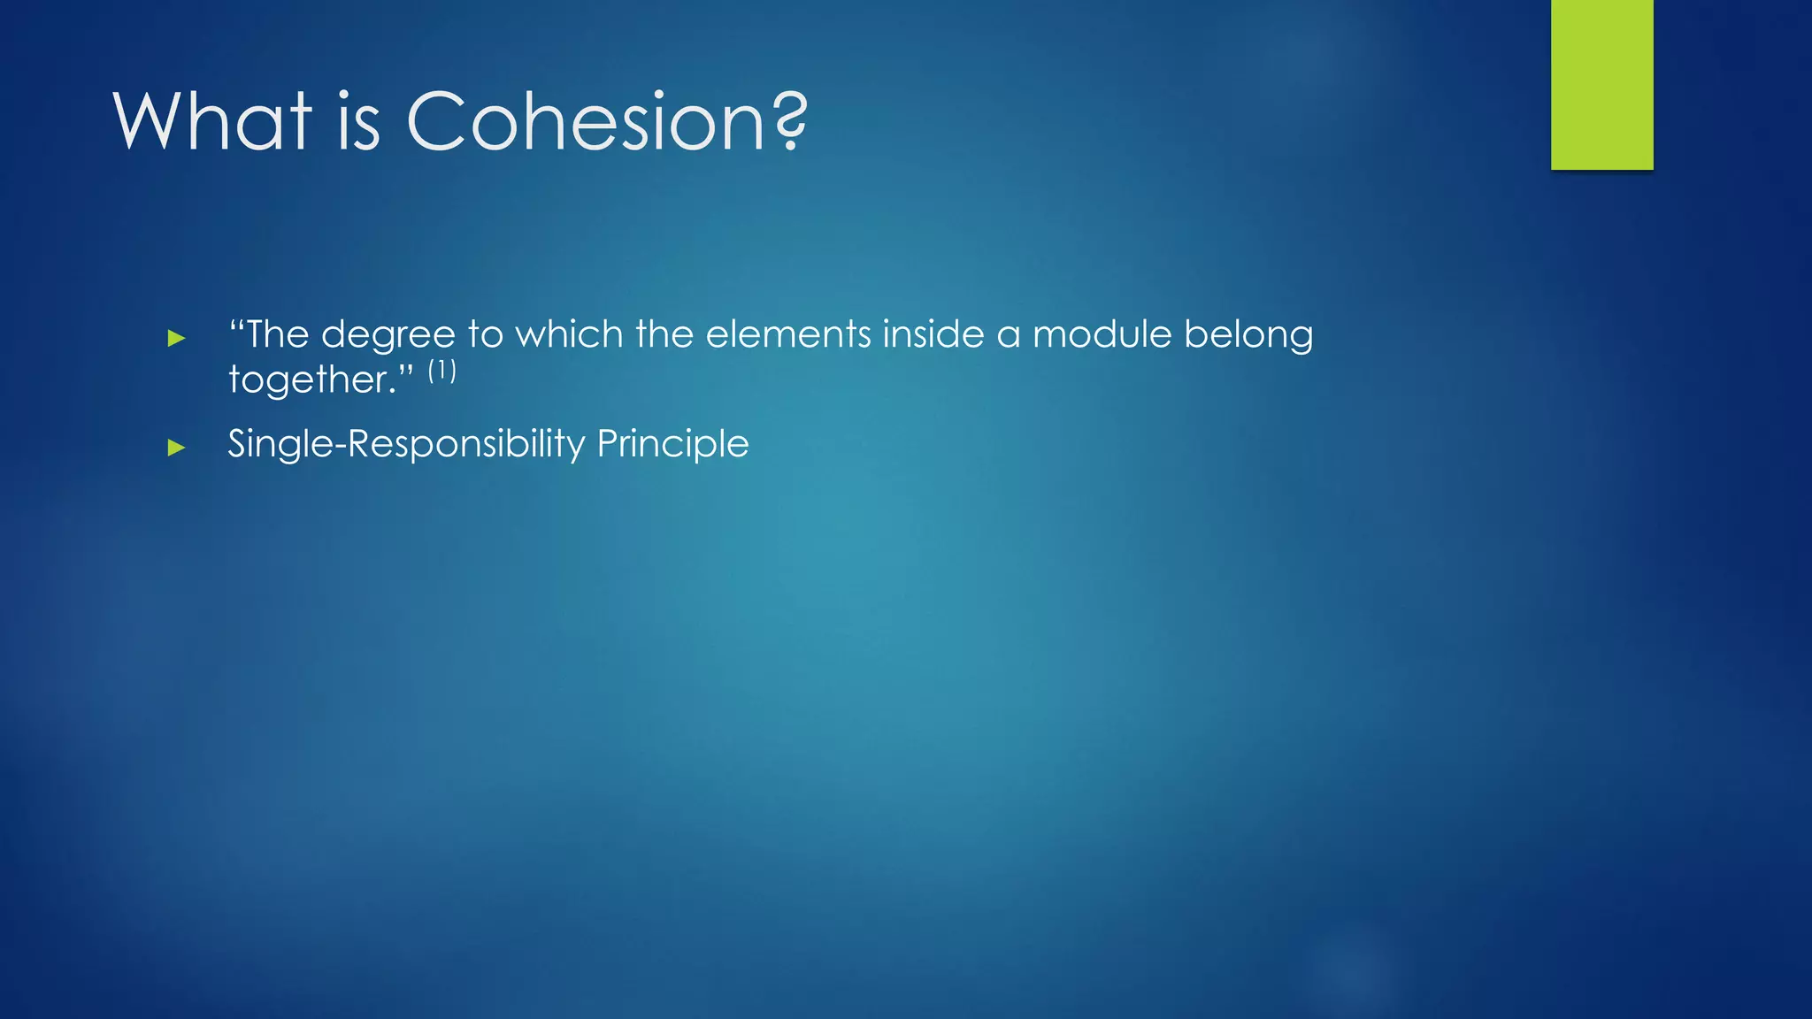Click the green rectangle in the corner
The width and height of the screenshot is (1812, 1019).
[x=1601, y=84]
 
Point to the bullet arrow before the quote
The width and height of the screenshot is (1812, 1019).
[x=176, y=338]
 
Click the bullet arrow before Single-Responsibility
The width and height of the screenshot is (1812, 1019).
[x=176, y=448]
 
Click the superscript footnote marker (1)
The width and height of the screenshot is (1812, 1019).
[x=441, y=370]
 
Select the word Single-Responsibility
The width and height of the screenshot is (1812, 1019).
[x=406, y=444]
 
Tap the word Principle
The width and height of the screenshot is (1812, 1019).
[x=672, y=444]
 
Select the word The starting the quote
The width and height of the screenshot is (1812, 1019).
[x=277, y=334]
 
